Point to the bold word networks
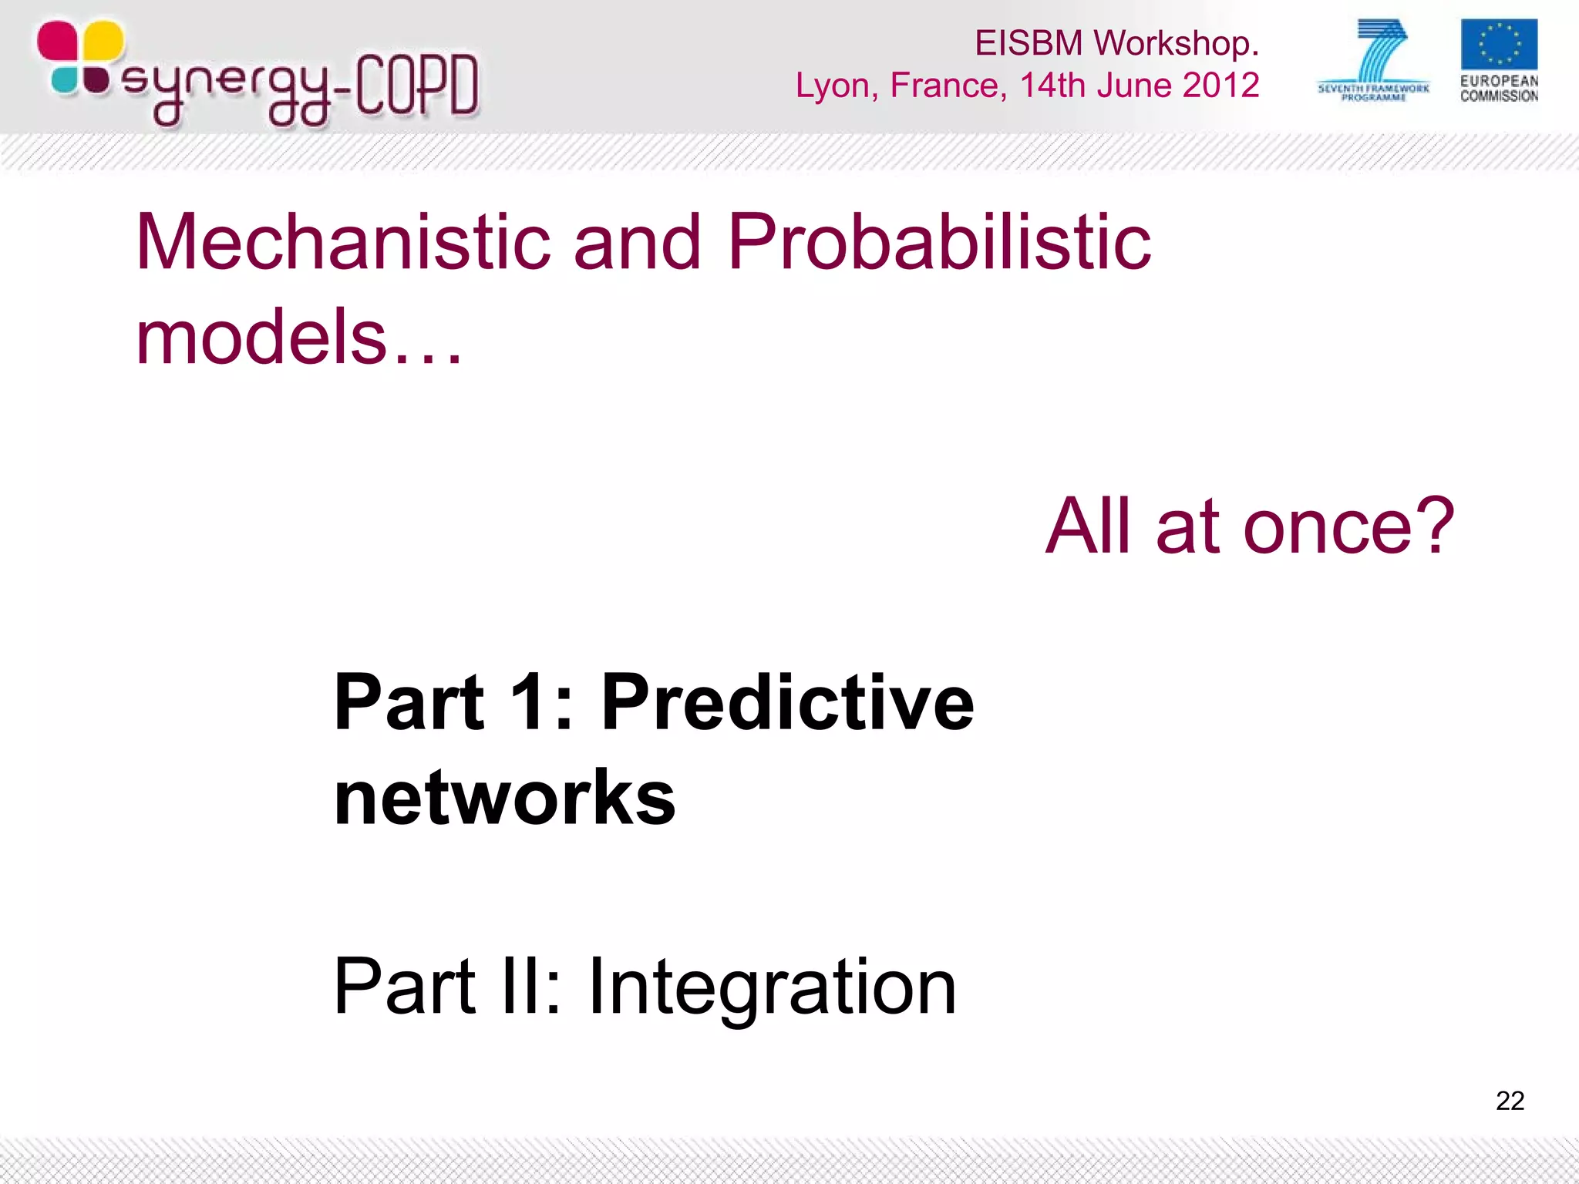504,797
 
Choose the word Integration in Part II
772,987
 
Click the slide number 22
1510,1100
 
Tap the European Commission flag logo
1498,45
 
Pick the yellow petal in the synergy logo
102,40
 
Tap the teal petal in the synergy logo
65,80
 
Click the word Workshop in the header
1175,43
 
